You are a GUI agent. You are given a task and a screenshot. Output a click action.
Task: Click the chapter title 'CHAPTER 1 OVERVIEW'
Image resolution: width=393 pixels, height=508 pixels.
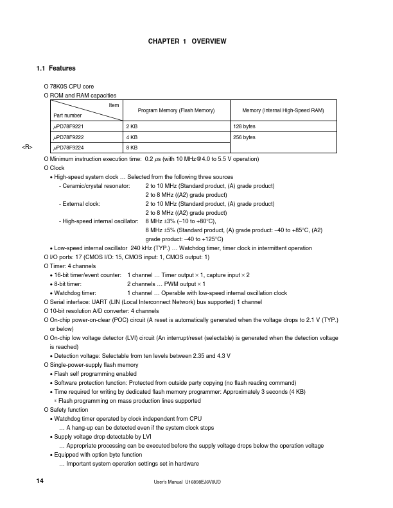[x=187, y=42]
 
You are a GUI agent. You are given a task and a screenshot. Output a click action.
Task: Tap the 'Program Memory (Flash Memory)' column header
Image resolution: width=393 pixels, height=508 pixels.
[x=176, y=111]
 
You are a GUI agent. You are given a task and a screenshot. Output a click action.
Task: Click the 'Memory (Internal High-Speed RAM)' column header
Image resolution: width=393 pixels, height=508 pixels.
[x=283, y=111]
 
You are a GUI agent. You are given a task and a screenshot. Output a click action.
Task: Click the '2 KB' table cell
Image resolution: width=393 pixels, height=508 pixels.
[x=132, y=127]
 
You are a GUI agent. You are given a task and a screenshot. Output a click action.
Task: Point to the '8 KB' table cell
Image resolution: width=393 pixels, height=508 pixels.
[x=132, y=148]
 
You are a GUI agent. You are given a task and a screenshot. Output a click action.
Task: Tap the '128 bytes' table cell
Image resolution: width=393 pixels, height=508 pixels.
[x=244, y=127]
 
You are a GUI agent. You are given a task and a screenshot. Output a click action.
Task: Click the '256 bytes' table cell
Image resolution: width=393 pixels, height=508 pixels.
[x=244, y=137]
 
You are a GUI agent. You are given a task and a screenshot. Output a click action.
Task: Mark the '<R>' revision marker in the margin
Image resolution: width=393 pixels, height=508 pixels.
[x=27, y=148]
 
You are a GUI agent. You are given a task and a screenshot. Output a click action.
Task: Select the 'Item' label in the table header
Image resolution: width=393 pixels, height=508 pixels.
[x=114, y=105]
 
